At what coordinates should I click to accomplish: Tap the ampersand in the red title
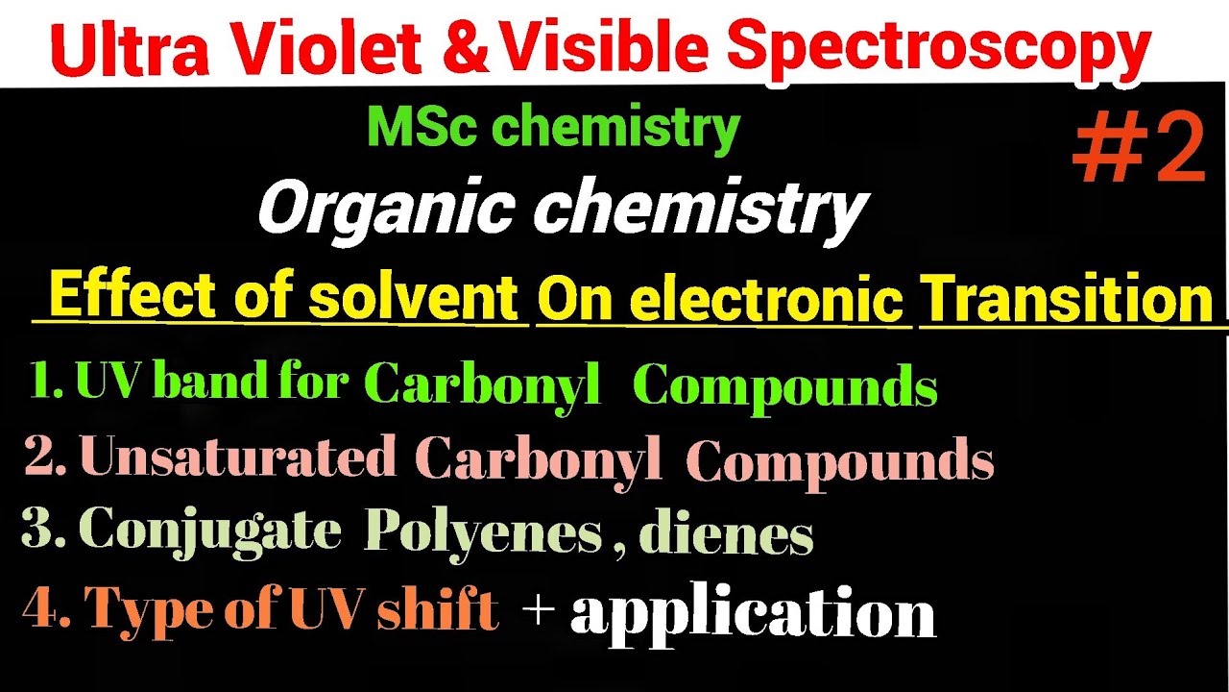(x=465, y=50)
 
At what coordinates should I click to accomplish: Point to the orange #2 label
(x=1139, y=149)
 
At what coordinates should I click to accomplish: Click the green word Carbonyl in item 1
(x=483, y=384)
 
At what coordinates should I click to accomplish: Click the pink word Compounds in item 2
(x=839, y=462)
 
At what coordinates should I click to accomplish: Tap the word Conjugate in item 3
(x=210, y=530)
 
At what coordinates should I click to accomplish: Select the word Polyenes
(x=482, y=531)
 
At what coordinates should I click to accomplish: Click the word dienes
(x=726, y=534)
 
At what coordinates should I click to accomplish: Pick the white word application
(x=752, y=613)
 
